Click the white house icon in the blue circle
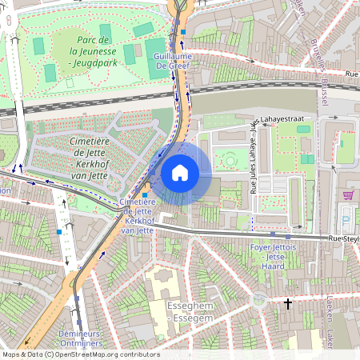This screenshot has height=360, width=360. point(180,173)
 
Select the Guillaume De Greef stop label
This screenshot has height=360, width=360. point(176,62)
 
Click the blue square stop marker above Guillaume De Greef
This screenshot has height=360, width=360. point(183,33)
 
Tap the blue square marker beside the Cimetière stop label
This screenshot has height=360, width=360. point(145,194)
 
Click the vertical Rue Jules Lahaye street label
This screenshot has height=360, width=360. point(253,158)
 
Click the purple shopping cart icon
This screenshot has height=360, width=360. point(347,195)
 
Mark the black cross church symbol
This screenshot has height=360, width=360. point(288,303)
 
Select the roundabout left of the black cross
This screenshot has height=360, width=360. point(258,302)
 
